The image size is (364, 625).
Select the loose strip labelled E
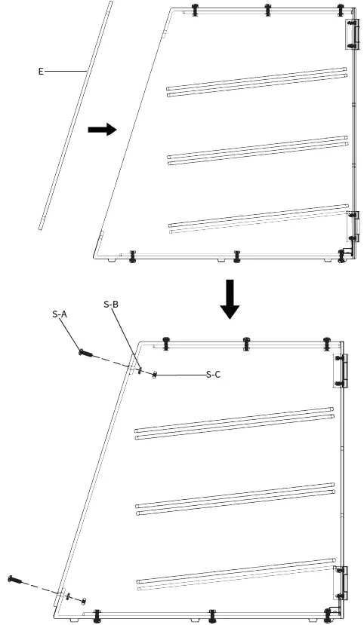(76, 113)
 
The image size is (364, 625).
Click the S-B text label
(111, 304)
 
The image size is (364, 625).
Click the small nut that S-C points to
(155, 375)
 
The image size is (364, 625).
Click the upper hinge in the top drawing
(351, 35)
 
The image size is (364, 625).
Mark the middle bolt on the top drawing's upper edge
(267, 10)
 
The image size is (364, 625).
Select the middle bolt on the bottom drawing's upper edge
(246, 343)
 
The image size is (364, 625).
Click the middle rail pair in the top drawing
(257, 149)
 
